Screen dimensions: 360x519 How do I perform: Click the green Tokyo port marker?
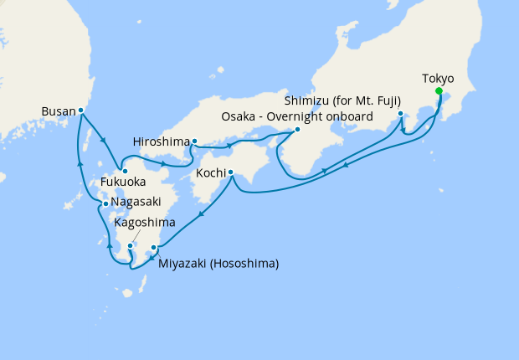tap(439, 92)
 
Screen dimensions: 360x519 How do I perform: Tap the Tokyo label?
tap(439, 79)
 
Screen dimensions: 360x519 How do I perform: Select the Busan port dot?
tap(81, 110)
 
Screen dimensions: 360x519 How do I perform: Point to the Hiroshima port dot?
tap(194, 141)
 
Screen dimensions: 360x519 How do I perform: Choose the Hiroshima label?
tap(161, 141)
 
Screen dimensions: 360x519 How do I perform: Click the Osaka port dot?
tap(297, 130)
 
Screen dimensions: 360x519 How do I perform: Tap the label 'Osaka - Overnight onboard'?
tap(296, 116)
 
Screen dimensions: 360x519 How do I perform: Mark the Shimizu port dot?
tap(401, 114)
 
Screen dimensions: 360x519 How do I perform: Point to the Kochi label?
tap(210, 173)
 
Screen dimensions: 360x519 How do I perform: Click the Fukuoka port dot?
tap(126, 172)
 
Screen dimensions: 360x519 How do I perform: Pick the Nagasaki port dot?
tap(104, 203)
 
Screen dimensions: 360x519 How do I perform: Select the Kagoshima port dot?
tap(131, 246)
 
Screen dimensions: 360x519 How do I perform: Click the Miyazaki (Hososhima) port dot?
tap(153, 248)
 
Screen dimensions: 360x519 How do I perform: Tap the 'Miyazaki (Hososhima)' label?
tap(218, 264)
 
